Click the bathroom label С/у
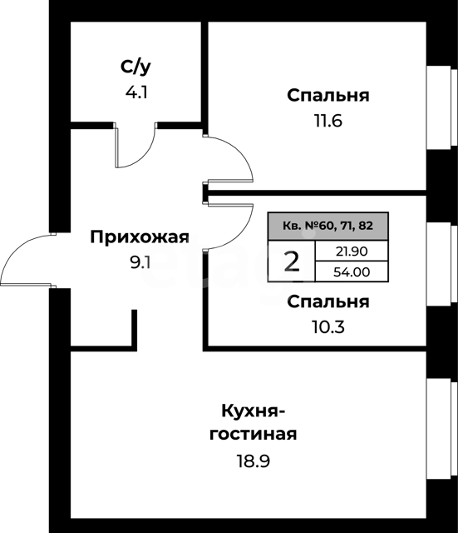pyautogui.click(x=135, y=67)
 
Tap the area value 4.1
pyautogui.click(x=136, y=92)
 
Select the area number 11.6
pyautogui.click(x=328, y=121)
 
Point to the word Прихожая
pyautogui.click(x=140, y=237)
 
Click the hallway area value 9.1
pyautogui.click(x=140, y=262)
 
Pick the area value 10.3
pyautogui.click(x=328, y=327)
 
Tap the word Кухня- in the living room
pyautogui.click(x=253, y=411)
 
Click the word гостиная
pyautogui.click(x=253, y=434)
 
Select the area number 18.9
pyautogui.click(x=253, y=461)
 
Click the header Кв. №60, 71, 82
pyautogui.click(x=327, y=226)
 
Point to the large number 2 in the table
pyautogui.click(x=292, y=262)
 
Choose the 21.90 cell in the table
pyautogui.click(x=352, y=252)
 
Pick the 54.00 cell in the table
pyautogui.click(x=352, y=272)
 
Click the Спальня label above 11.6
pyautogui.click(x=328, y=96)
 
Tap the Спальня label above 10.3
pyautogui.click(x=328, y=301)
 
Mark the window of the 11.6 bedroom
pyautogui.click(x=441, y=107)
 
